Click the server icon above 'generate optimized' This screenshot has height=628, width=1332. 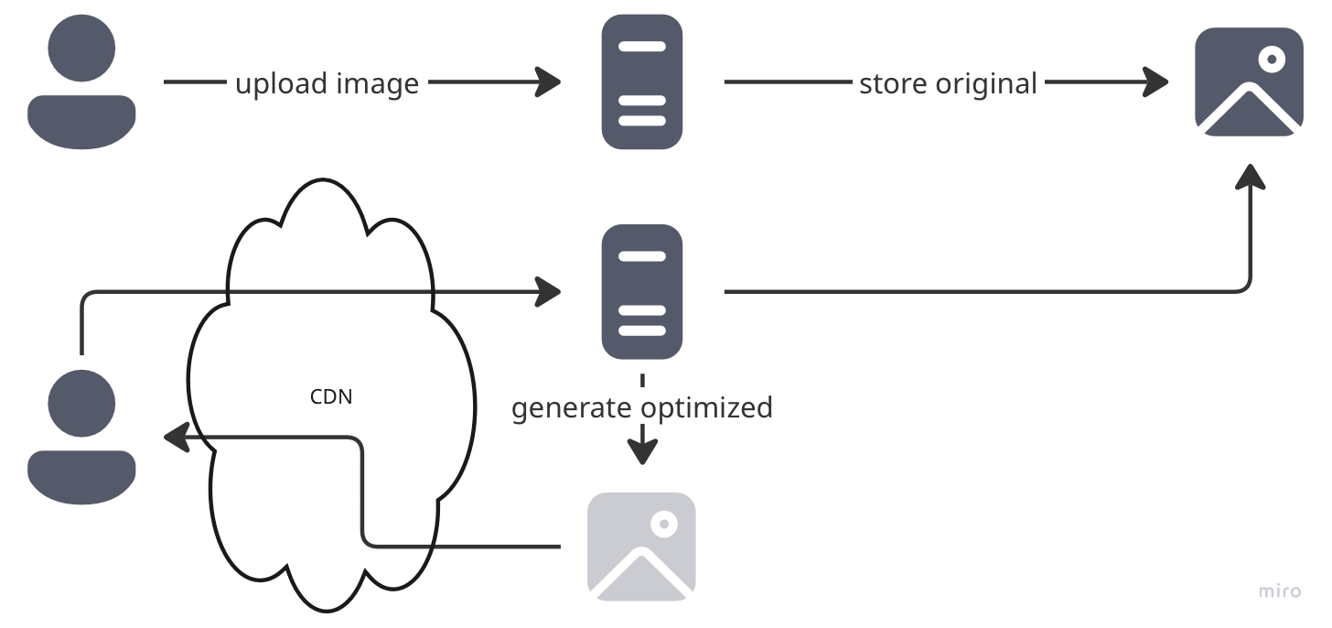(x=642, y=291)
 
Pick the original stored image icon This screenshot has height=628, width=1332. (x=1249, y=81)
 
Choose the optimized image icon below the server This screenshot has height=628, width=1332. (x=641, y=546)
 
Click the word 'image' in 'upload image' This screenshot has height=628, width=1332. (x=377, y=84)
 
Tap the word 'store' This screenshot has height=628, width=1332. (x=892, y=84)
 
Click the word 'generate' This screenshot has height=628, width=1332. (x=572, y=407)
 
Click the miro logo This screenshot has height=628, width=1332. (x=1279, y=591)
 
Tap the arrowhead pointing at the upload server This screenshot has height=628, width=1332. (x=549, y=82)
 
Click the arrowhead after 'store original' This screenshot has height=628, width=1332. (x=1157, y=82)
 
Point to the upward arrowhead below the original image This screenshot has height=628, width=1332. (x=1249, y=177)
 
